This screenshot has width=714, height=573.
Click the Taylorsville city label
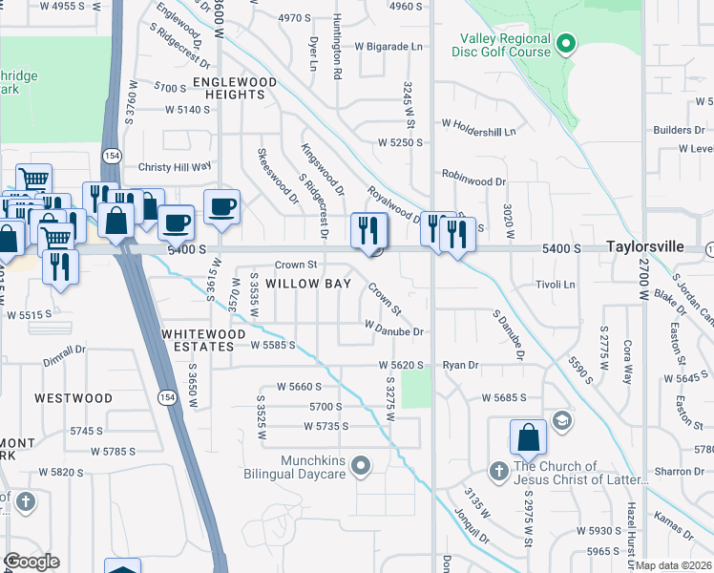[644, 246]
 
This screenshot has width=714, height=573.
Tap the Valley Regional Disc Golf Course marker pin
[566, 43]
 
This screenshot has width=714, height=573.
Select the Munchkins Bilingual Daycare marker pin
[360, 466]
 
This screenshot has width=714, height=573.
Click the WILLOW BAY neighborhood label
[308, 284]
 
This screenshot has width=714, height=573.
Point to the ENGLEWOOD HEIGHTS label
[234, 89]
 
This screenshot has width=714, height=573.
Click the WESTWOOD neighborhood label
[73, 397]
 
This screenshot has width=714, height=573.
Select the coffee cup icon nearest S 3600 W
[221, 206]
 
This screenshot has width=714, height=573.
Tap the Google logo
[31, 562]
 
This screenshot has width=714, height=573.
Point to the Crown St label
[295, 265]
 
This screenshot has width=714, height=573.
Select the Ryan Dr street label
[460, 365]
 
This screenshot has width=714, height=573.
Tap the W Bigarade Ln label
[388, 46]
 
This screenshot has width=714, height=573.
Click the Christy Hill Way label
[175, 166]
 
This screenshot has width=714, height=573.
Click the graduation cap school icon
[562, 420]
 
